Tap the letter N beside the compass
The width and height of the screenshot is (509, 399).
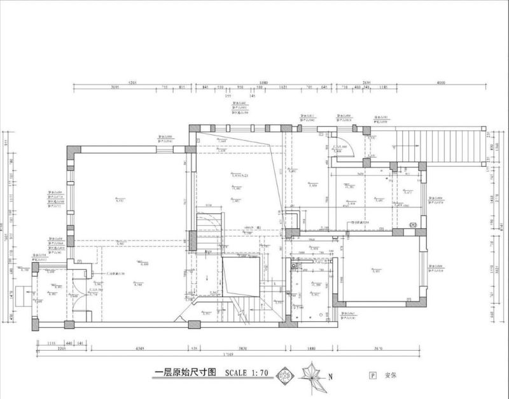tap(331, 376)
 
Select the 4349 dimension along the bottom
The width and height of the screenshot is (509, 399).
tap(143, 349)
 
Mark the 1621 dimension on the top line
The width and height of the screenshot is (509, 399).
tap(282, 88)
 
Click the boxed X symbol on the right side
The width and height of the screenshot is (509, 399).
tap(412, 225)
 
